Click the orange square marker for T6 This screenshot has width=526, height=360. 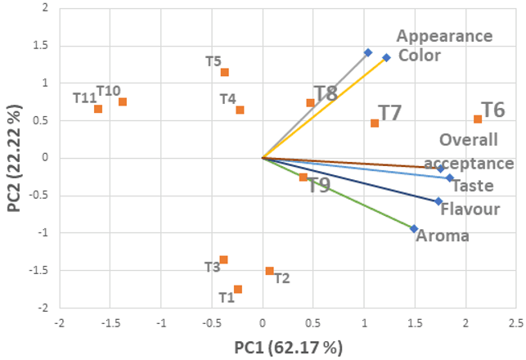(478, 119)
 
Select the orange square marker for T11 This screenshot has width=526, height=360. (98, 109)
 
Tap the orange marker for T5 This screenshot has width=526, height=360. (225, 72)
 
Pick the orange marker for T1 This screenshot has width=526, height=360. (238, 289)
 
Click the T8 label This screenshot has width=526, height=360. (326, 93)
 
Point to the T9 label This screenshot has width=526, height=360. (319, 186)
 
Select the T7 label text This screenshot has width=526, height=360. (389, 114)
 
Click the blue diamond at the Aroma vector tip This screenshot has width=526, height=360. (414, 229)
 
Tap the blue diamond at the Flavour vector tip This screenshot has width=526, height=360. (438, 201)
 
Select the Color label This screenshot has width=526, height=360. (420, 56)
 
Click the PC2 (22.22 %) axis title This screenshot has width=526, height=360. (14, 158)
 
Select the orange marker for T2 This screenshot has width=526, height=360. (269, 271)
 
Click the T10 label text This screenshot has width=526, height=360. (109, 90)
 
